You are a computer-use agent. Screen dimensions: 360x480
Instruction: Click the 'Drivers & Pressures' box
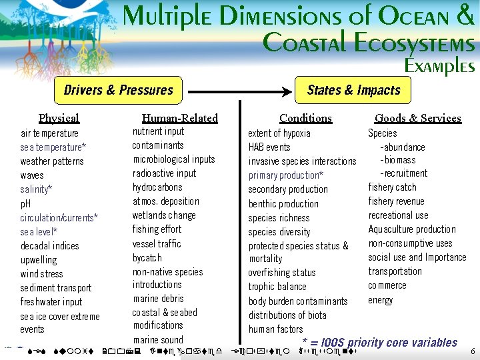click(x=119, y=90)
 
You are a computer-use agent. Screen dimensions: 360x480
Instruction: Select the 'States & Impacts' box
click(x=353, y=90)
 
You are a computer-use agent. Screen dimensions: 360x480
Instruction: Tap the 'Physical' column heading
click(x=59, y=118)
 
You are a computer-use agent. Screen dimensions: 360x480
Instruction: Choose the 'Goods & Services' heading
click(x=418, y=118)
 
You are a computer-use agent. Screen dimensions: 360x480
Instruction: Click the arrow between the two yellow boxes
click(x=239, y=90)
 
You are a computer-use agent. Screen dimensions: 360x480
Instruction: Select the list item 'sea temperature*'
click(x=53, y=147)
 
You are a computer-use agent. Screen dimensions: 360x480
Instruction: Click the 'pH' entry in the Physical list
click(x=26, y=203)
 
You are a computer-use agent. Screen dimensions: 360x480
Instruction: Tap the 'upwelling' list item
click(x=39, y=260)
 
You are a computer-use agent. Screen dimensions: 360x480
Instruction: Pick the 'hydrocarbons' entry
click(x=157, y=187)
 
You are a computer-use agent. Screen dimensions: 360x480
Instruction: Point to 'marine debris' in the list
click(x=159, y=299)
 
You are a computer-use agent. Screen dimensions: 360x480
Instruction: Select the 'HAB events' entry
click(x=269, y=147)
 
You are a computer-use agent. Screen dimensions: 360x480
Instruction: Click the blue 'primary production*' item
click(x=286, y=175)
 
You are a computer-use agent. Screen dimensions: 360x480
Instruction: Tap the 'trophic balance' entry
click(x=277, y=287)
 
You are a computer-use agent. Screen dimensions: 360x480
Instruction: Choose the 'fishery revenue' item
click(x=397, y=201)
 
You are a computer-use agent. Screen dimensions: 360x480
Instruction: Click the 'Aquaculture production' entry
click(x=412, y=229)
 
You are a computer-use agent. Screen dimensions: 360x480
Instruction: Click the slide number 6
click(x=473, y=351)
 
